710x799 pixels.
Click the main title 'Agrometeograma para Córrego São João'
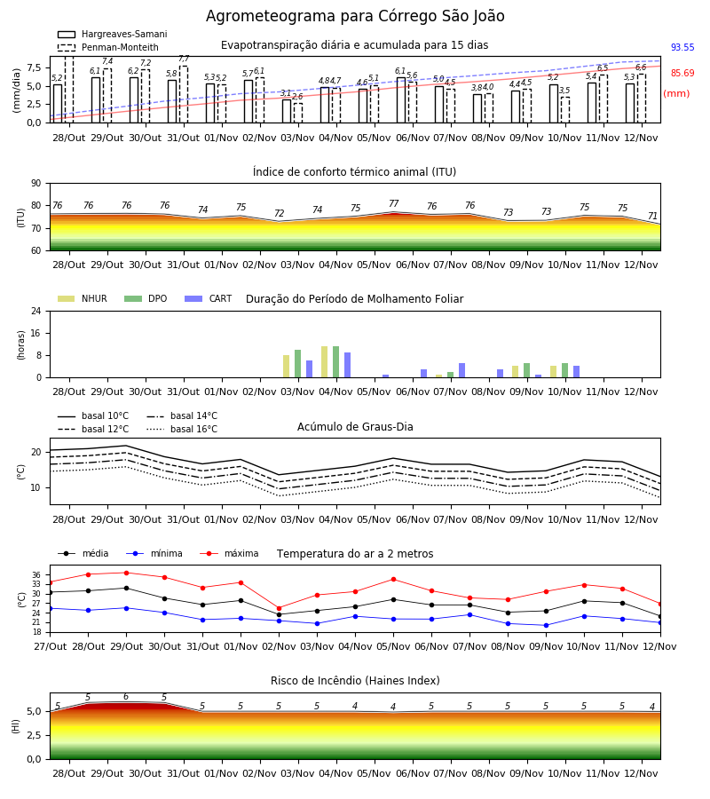click(x=355, y=16)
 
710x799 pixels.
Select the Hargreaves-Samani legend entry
click(x=113, y=34)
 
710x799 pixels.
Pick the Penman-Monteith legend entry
click(x=108, y=47)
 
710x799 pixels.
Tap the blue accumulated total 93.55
click(x=682, y=47)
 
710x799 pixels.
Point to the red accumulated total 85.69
click(x=682, y=73)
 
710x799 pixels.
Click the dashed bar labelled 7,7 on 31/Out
click(x=184, y=94)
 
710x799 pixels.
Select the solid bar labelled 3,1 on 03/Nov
click(x=287, y=111)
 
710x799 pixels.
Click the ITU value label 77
click(x=394, y=203)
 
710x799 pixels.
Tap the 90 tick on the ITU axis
click(x=36, y=184)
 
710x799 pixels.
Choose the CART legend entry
click(x=209, y=298)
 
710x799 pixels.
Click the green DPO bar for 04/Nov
click(x=336, y=362)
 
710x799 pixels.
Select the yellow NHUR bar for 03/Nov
click(x=287, y=367)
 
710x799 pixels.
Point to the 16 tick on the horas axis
click(x=36, y=333)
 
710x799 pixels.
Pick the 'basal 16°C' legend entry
click(x=182, y=429)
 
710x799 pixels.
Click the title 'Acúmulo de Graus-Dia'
click(x=355, y=426)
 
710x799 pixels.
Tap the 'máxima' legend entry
click(x=229, y=553)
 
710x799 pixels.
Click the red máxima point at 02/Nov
click(x=279, y=608)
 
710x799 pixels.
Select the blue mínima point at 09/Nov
click(x=547, y=625)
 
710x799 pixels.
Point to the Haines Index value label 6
click(x=126, y=697)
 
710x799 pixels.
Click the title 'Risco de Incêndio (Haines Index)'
click(x=355, y=681)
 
